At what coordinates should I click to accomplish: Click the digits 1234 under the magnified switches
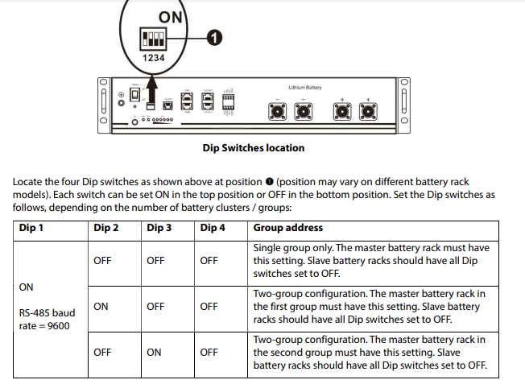pos(154,58)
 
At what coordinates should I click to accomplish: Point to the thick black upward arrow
pos(153,84)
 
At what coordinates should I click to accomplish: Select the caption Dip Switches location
pos(254,148)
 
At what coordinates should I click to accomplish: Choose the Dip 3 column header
pos(159,228)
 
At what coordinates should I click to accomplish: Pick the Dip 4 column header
pos(213,228)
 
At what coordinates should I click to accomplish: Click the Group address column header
pos(288,228)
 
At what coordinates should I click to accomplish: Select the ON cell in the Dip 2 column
pos(101,306)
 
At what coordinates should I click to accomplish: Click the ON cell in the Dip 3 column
pos(154,352)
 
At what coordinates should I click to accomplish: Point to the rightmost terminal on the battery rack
pos(369,109)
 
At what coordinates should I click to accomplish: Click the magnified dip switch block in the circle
pos(153,39)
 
